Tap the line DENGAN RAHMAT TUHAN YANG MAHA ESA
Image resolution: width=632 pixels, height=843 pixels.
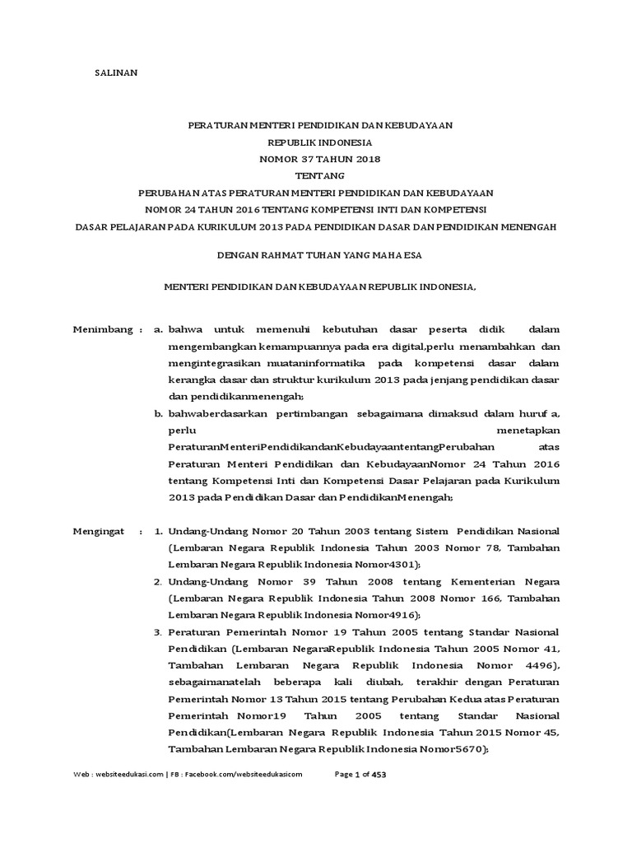[319, 255]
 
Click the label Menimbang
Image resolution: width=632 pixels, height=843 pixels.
[104, 329]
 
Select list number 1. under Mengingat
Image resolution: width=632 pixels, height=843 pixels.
[160, 532]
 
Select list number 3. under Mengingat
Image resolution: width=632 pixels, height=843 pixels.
[160, 631]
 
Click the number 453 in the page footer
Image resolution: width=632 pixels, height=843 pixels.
[379, 775]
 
